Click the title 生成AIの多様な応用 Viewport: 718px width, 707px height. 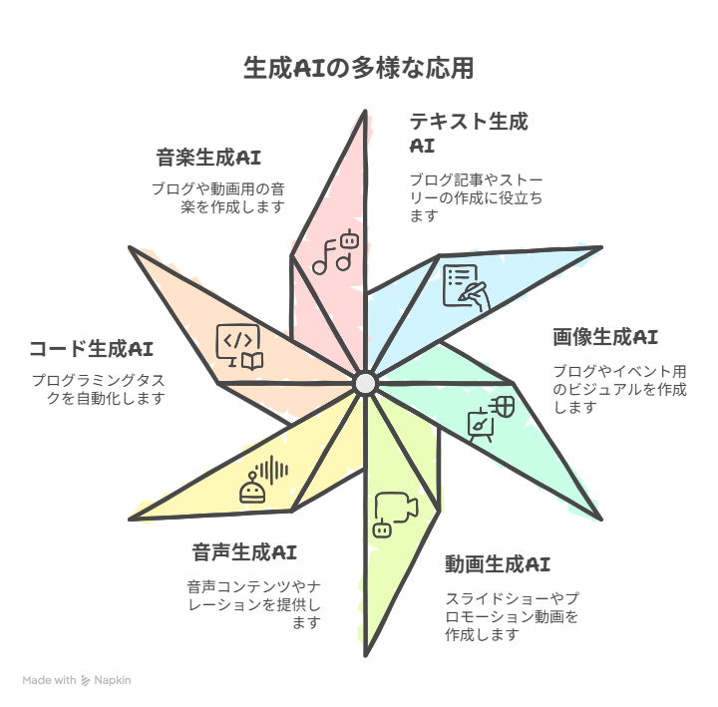point(359,68)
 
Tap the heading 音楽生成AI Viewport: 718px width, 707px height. point(208,158)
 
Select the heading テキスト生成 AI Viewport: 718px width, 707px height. point(469,133)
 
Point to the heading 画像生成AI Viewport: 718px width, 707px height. point(605,337)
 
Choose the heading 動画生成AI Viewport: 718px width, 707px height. point(498,563)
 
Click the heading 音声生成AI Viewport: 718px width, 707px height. point(244,551)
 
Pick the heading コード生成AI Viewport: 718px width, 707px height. point(91,348)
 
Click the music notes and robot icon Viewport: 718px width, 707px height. point(336,251)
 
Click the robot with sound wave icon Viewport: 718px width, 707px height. point(264,479)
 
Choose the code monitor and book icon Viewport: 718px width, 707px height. point(239,347)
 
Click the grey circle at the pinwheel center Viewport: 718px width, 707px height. point(365,384)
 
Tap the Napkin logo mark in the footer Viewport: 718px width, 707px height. point(85,680)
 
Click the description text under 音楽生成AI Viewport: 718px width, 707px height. point(218,197)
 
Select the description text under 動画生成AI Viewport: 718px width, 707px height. point(512,616)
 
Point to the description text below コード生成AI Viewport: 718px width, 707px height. point(99,389)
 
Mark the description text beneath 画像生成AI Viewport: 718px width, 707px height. point(620,389)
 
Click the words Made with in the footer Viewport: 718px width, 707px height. point(50,680)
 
